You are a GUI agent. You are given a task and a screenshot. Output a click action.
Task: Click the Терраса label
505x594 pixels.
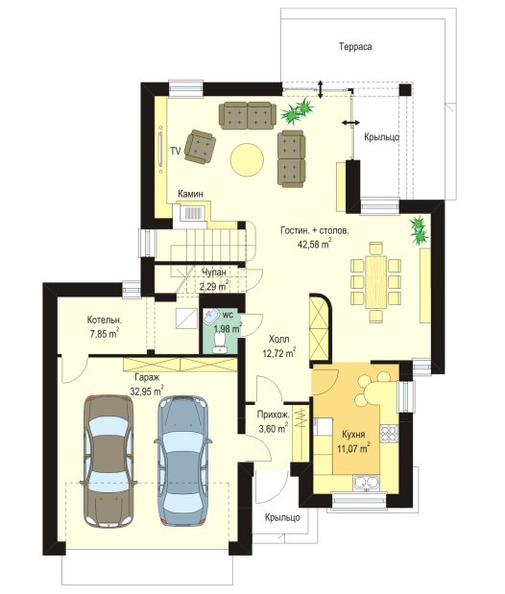point(355,47)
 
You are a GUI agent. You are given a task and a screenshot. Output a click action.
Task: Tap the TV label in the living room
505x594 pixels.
point(175,152)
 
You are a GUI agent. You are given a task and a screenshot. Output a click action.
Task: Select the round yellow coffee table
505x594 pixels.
point(247,159)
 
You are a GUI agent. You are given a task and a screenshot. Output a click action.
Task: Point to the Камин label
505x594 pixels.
point(190,194)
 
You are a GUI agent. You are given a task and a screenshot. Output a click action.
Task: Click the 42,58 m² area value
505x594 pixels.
point(314,244)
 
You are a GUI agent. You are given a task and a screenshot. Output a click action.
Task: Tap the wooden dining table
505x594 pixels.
point(375,282)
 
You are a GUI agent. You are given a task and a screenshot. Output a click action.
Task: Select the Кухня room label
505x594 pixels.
point(353,434)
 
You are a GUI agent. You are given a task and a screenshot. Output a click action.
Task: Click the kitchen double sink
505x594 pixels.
point(366,484)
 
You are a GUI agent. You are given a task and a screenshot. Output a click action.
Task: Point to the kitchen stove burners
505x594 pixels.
point(390,434)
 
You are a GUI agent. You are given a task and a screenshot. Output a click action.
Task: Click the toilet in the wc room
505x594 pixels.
point(219,342)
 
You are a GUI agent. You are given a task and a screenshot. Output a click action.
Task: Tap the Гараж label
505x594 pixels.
point(147,377)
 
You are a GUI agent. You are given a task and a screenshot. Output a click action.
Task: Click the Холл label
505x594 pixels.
point(278,339)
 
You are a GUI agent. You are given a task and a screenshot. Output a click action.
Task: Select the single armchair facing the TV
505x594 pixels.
point(200,147)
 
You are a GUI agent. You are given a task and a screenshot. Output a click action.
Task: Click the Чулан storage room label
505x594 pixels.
point(215,273)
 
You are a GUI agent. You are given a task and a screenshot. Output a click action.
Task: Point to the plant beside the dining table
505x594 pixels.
point(420,230)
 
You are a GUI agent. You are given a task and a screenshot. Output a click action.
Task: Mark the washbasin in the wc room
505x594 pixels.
point(210,317)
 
